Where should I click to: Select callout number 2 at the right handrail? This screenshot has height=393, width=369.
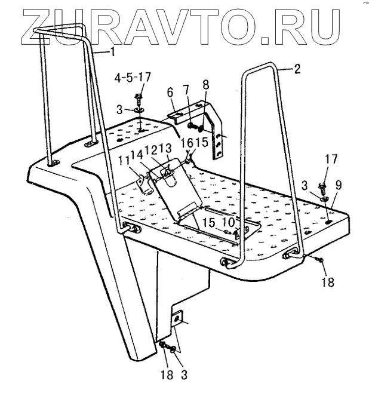click(x=297, y=69)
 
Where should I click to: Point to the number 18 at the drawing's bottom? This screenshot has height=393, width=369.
click(x=168, y=375)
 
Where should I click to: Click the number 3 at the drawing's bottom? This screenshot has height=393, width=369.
click(x=184, y=375)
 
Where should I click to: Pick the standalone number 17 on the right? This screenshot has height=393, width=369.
click(x=330, y=159)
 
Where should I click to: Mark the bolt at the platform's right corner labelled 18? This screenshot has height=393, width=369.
click(x=321, y=259)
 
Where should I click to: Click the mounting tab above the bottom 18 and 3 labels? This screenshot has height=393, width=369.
click(x=177, y=321)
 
